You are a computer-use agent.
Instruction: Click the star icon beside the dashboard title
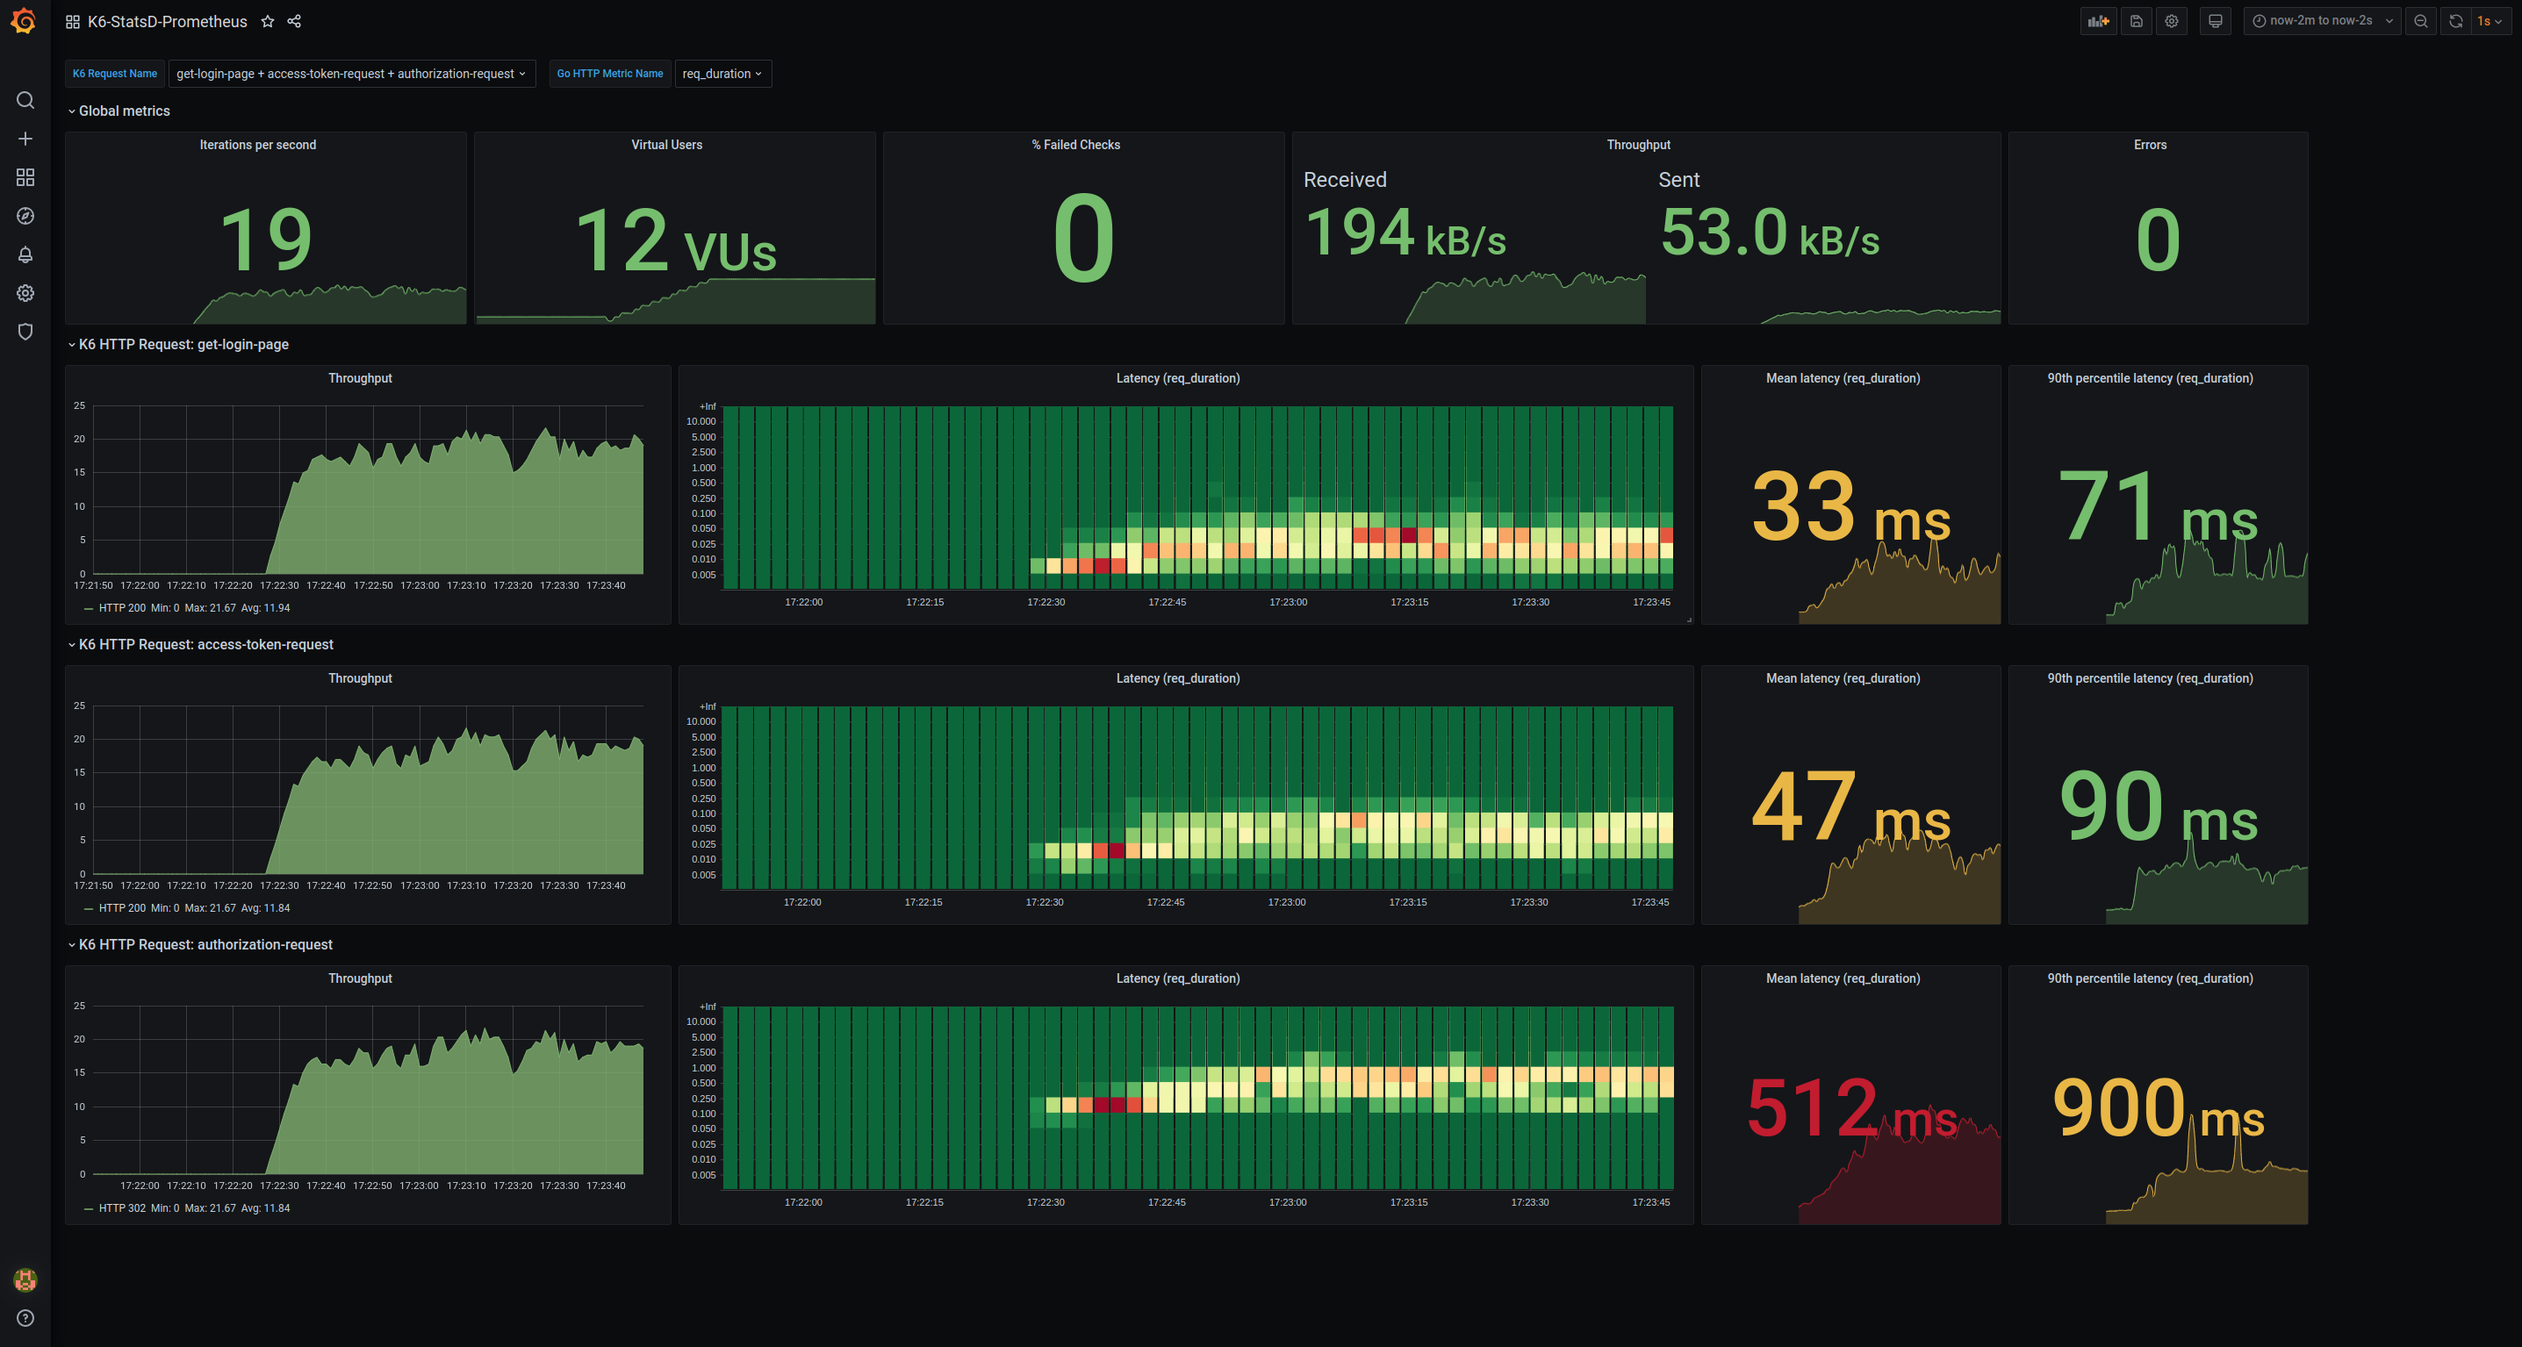(267, 22)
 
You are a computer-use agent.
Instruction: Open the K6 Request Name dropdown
(350, 74)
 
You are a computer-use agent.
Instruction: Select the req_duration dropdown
(722, 74)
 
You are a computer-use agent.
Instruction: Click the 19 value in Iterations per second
(265, 240)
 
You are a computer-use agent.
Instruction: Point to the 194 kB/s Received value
(1405, 234)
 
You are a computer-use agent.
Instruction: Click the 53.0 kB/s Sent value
(1769, 234)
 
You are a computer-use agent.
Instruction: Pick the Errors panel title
(2150, 145)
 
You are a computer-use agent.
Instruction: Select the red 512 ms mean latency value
(1850, 1108)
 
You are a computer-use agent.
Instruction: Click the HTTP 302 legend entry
(121, 1208)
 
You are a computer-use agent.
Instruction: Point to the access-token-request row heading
(205, 644)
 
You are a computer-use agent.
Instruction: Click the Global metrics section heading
(125, 111)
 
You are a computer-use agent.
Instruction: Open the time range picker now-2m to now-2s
(2320, 20)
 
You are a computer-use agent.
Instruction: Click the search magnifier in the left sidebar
(25, 100)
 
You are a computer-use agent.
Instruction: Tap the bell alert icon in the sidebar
(25, 254)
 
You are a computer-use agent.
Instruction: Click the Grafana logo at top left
(24, 20)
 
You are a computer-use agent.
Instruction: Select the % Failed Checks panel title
(1075, 145)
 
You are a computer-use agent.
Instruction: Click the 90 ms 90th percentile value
(2158, 807)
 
